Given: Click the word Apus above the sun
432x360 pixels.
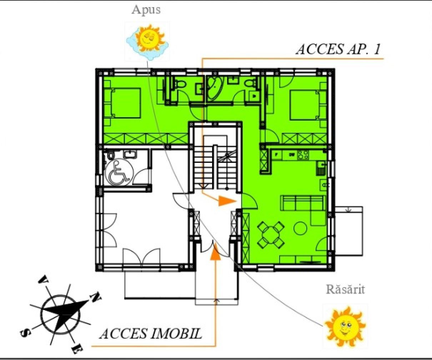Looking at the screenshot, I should (x=146, y=10).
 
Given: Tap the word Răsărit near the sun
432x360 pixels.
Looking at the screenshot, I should (x=345, y=289).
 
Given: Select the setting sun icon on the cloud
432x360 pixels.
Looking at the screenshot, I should (x=147, y=38).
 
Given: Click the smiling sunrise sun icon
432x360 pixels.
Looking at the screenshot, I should (x=345, y=325).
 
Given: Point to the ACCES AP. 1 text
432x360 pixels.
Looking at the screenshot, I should (x=338, y=49).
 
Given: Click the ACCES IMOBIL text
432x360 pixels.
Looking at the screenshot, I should (x=150, y=334).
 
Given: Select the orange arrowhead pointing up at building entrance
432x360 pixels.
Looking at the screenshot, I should (x=215, y=252).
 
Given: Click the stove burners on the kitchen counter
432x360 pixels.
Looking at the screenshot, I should (x=303, y=155).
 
